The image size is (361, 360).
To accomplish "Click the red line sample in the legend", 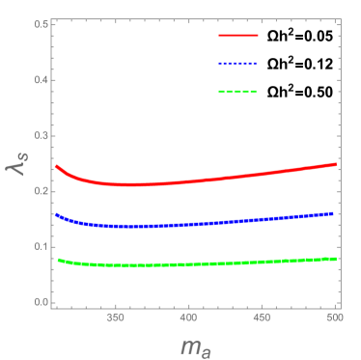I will click(x=237, y=35).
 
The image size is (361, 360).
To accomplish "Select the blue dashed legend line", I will click(x=237, y=63).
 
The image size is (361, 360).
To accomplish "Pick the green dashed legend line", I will click(x=237, y=92).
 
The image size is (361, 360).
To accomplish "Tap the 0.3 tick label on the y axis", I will click(x=42, y=134).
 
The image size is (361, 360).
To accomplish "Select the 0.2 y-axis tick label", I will click(x=42, y=190).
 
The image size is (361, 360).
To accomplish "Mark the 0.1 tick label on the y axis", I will click(x=42, y=246).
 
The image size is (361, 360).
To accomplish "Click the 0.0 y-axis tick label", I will click(x=42, y=302).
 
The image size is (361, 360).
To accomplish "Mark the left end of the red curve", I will click(x=56, y=166).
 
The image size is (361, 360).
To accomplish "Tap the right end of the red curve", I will click(x=335, y=164).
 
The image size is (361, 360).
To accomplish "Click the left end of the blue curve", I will click(x=56, y=214).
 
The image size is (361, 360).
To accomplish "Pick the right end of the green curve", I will click(x=335, y=258).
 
